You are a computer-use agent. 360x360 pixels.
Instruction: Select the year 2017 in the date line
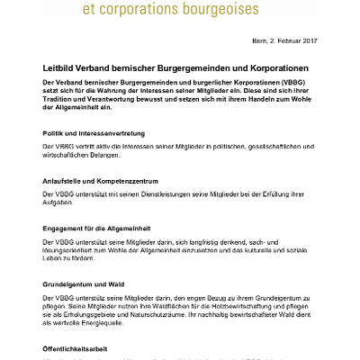(308, 42)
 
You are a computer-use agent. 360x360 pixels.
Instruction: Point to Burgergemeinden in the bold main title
(193, 68)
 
